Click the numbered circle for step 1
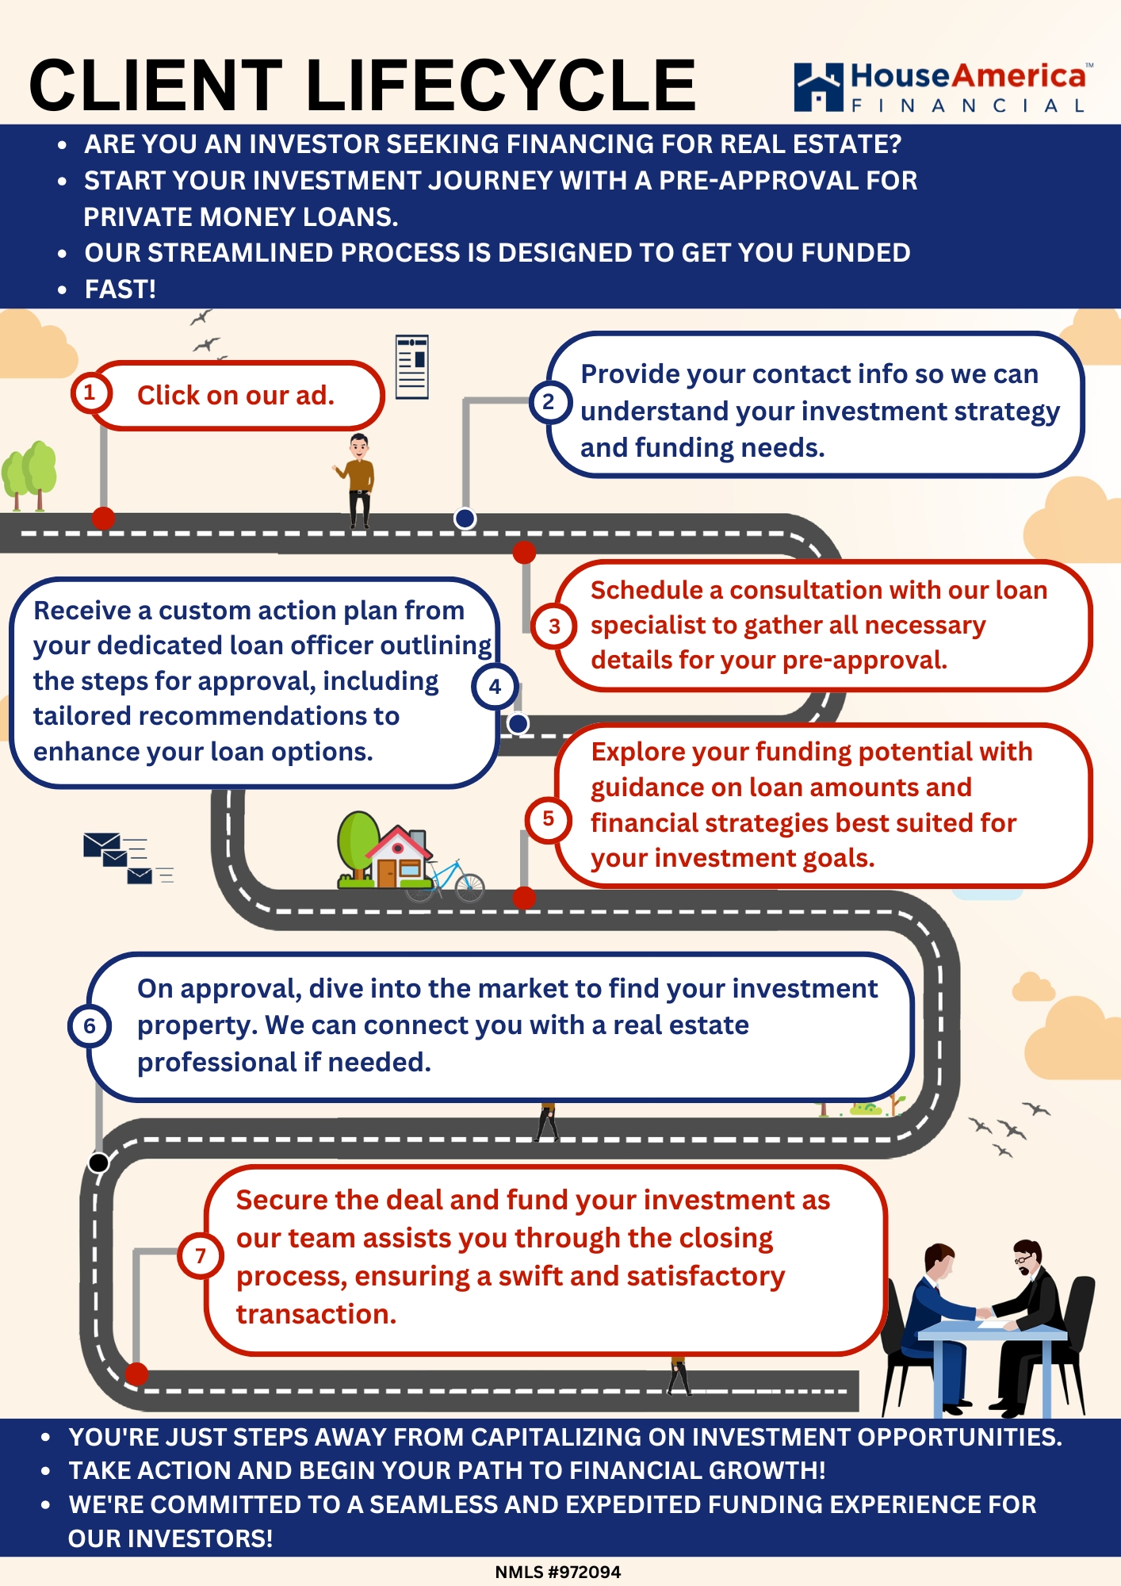click(90, 393)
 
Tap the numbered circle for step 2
click(549, 402)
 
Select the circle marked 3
click(554, 626)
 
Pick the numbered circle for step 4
click(495, 687)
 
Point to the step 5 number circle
click(548, 818)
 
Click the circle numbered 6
click(90, 1026)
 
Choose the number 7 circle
click(200, 1255)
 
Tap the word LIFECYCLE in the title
click(500, 86)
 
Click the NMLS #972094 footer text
click(557, 1572)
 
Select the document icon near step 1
click(412, 366)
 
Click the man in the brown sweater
click(359, 479)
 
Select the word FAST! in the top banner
click(121, 289)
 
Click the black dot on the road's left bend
click(99, 1163)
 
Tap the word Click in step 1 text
click(167, 395)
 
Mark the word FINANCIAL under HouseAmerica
click(968, 105)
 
